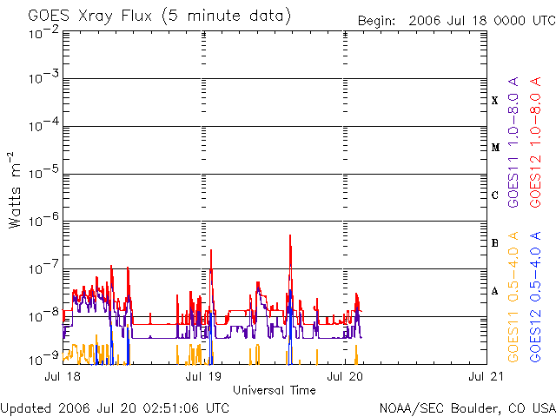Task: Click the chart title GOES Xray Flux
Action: (x=160, y=17)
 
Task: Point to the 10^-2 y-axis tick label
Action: (x=43, y=33)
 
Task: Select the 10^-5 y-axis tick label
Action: (x=43, y=173)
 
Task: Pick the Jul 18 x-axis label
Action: (x=63, y=377)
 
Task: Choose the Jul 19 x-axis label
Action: (x=204, y=377)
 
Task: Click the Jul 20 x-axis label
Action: (x=346, y=377)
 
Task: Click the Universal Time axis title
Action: (x=274, y=390)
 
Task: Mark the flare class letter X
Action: (x=495, y=100)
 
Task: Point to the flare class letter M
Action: (x=495, y=148)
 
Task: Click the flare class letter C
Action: (x=495, y=195)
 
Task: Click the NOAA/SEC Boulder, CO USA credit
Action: (x=467, y=407)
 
